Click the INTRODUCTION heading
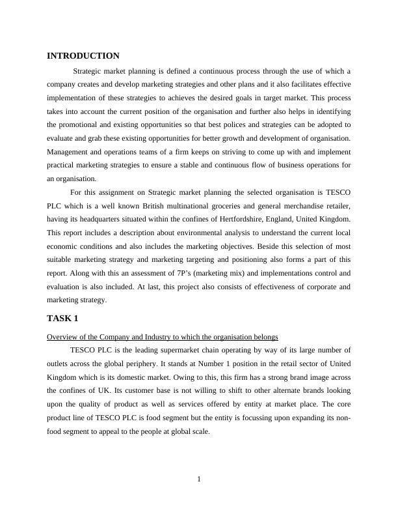(83, 56)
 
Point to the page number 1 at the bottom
(199, 480)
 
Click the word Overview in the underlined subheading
(62, 336)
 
